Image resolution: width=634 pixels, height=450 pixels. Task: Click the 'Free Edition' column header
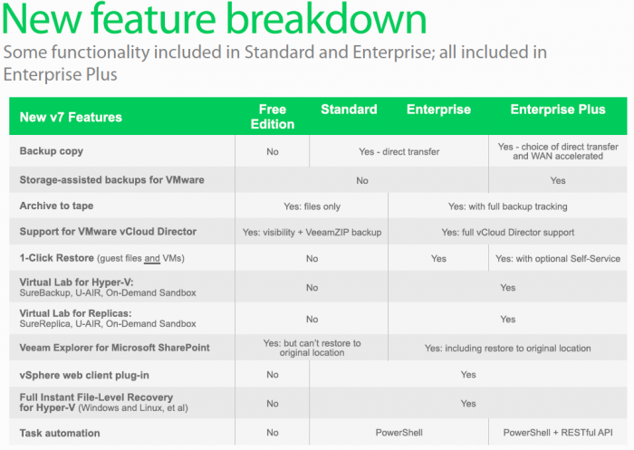[x=272, y=117]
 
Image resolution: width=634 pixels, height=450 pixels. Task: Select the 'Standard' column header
[x=349, y=110]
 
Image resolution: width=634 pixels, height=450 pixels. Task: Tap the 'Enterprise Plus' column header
[x=558, y=110]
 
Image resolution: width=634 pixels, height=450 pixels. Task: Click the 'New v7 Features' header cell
[x=71, y=117]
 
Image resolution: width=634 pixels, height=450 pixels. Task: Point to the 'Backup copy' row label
[x=52, y=151]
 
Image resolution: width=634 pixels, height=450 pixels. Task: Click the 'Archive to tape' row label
[x=56, y=206]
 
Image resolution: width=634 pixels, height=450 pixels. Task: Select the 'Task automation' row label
[x=60, y=433]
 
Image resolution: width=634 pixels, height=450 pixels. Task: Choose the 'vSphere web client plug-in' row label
[x=84, y=375]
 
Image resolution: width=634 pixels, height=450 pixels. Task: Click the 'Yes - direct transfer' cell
[x=399, y=151]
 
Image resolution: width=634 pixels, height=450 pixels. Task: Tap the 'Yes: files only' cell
[x=312, y=206]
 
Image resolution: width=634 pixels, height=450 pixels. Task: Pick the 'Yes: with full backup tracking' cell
[x=507, y=206]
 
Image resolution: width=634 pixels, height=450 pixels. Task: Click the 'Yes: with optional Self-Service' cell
[x=558, y=258]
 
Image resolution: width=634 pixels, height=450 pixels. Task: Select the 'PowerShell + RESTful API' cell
[x=558, y=433]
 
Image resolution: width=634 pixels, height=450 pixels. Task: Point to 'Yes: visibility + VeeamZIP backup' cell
[x=312, y=233]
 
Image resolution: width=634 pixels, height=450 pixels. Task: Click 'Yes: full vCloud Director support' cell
[x=507, y=233]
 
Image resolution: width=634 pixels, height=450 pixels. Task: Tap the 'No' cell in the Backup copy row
[x=272, y=151]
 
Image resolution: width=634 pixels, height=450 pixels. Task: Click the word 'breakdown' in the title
[x=326, y=19]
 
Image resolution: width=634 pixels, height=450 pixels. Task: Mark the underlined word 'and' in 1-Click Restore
[x=152, y=258]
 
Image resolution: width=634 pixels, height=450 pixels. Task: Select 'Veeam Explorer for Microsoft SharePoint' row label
[x=114, y=348]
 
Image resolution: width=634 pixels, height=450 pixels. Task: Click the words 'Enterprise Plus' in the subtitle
[x=61, y=74]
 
